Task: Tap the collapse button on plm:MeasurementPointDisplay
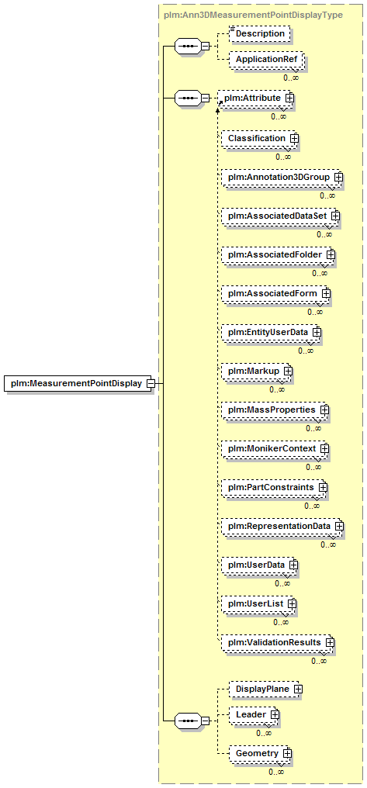(x=150, y=384)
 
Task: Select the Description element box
(x=260, y=33)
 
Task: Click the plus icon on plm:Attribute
(x=289, y=98)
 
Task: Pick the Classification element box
(x=259, y=138)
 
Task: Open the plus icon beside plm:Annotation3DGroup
(x=339, y=177)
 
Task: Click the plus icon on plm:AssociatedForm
(x=326, y=292)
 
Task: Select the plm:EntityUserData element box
(x=272, y=332)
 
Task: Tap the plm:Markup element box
(x=257, y=371)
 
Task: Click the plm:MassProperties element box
(x=275, y=410)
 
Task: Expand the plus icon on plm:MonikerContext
(x=325, y=448)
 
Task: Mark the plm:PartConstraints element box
(x=274, y=488)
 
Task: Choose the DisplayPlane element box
(x=265, y=689)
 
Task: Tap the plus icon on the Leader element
(x=275, y=714)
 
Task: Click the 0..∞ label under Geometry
(x=276, y=772)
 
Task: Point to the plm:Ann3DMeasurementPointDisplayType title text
(x=254, y=15)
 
